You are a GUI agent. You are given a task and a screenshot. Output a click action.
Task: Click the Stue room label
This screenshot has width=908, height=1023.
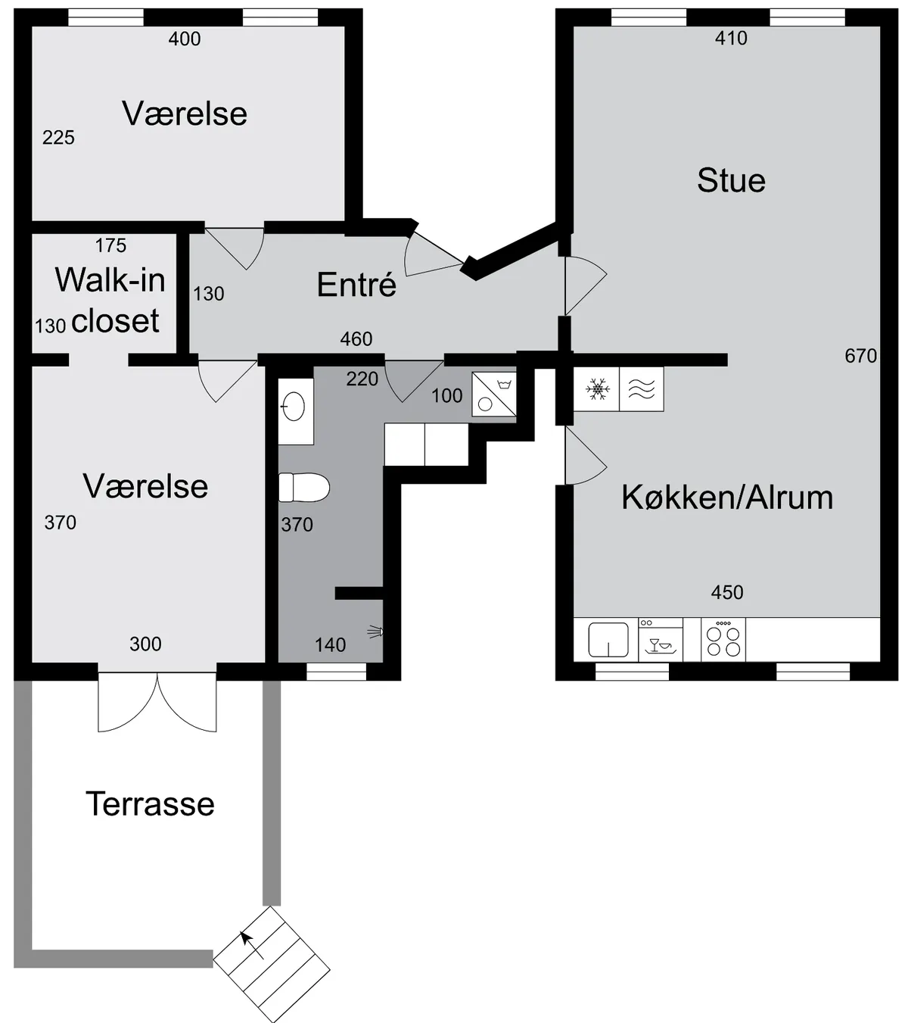pyautogui.click(x=731, y=180)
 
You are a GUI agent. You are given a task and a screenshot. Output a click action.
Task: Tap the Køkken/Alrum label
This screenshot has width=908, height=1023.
pyautogui.click(x=727, y=497)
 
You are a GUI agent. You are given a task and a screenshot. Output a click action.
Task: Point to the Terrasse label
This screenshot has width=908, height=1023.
pyautogui.click(x=150, y=804)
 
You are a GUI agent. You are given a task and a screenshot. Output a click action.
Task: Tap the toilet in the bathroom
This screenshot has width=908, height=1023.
pyautogui.click(x=304, y=487)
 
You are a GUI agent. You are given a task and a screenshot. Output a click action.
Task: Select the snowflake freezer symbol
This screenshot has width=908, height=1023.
pyautogui.click(x=598, y=389)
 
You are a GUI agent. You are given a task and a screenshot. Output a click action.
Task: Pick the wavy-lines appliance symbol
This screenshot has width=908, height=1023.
pyautogui.click(x=641, y=389)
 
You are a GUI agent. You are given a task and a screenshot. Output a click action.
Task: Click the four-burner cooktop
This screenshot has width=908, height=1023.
pyautogui.click(x=723, y=639)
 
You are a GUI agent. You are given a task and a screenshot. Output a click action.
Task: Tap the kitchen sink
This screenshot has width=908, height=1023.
pyautogui.click(x=608, y=640)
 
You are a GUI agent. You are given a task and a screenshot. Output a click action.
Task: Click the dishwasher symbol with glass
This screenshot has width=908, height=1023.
pyautogui.click(x=660, y=639)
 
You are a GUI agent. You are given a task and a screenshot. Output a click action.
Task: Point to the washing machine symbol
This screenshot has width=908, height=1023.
pyautogui.click(x=494, y=395)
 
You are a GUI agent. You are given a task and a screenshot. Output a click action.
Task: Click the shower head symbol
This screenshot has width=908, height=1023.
pyautogui.click(x=376, y=632)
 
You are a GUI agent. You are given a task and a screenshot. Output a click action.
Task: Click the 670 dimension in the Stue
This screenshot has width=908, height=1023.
pyautogui.click(x=860, y=356)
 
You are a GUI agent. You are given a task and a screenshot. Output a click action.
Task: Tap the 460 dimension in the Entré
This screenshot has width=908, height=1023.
pyautogui.click(x=356, y=338)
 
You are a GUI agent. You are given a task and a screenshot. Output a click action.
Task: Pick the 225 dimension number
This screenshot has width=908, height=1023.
pyautogui.click(x=58, y=137)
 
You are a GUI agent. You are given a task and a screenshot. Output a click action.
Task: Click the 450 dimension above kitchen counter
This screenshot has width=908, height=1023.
pyautogui.click(x=727, y=592)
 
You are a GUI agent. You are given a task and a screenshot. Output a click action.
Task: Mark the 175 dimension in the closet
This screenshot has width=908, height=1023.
pyautogui.click(x=110, y=245)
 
